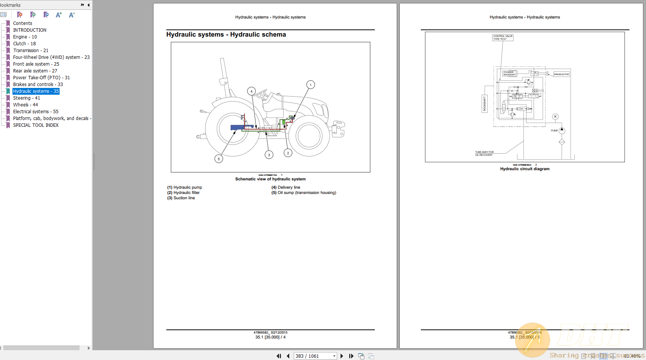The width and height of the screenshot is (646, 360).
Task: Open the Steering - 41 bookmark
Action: tap(26, 98)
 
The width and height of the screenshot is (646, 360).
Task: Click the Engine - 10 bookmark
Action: tap(25, 37)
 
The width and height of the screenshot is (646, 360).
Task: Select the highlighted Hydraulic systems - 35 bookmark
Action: tap(36, 91)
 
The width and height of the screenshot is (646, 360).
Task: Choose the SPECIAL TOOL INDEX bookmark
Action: tap(36, 125)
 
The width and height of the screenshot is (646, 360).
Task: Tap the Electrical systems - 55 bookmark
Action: tap(36, 112)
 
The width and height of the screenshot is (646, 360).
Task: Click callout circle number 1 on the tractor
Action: tap(310, 85)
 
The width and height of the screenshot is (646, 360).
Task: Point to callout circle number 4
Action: tap(252, 91)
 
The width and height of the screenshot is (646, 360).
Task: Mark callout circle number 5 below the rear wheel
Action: tap(219, 159)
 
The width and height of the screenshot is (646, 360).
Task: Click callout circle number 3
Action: tap(269, 155)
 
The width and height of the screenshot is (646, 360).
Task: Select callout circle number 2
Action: tap(288, 153)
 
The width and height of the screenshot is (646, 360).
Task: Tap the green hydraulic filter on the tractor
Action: tap(284, 122)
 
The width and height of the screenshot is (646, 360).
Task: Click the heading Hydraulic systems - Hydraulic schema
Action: tap(226, 35)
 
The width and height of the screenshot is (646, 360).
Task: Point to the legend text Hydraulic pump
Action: tap(187, 188)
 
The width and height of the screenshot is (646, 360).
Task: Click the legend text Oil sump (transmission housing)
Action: tap(307, 193)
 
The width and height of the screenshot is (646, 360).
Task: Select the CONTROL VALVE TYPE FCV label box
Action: tap(503, 38)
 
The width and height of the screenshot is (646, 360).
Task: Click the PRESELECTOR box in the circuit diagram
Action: tap(561, 74)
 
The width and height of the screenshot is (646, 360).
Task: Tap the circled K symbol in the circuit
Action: tap(555, 117)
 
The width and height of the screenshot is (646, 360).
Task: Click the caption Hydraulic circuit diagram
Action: tap(525, 169)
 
